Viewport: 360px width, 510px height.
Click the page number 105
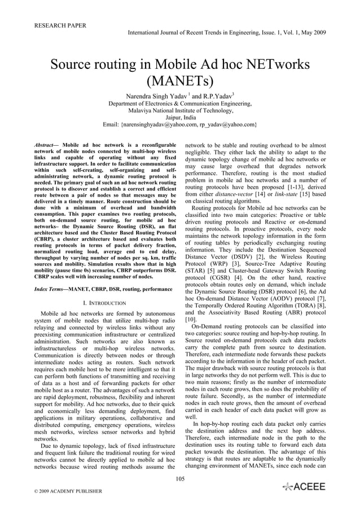pos(180,480)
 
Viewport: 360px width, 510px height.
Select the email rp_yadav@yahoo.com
pos(226,124)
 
